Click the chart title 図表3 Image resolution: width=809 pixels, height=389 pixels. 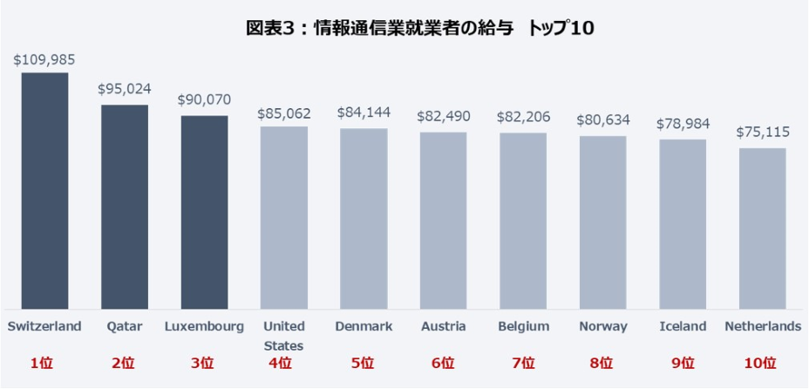[419, 28]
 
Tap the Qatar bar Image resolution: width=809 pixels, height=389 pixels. [125, 207]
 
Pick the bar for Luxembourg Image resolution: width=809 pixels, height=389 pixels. [204, 212]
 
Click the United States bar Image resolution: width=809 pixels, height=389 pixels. [283, 217]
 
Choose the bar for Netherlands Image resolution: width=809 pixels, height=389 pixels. [762, 229]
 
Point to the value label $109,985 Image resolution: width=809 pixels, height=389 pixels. [44, 60]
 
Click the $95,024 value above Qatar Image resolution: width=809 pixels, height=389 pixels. [125, 90]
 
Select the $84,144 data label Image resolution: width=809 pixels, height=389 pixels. [364, 113]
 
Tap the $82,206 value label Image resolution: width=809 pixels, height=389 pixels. [524, 117]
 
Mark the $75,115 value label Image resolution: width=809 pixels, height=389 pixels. [763, 133]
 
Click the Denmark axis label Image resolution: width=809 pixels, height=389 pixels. [364, 326]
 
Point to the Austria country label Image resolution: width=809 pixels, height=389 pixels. [443, 326]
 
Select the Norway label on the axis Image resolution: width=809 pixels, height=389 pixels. [603, 326]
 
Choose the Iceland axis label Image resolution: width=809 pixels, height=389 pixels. [683, 326]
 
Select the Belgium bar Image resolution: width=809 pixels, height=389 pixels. [523, 221]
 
